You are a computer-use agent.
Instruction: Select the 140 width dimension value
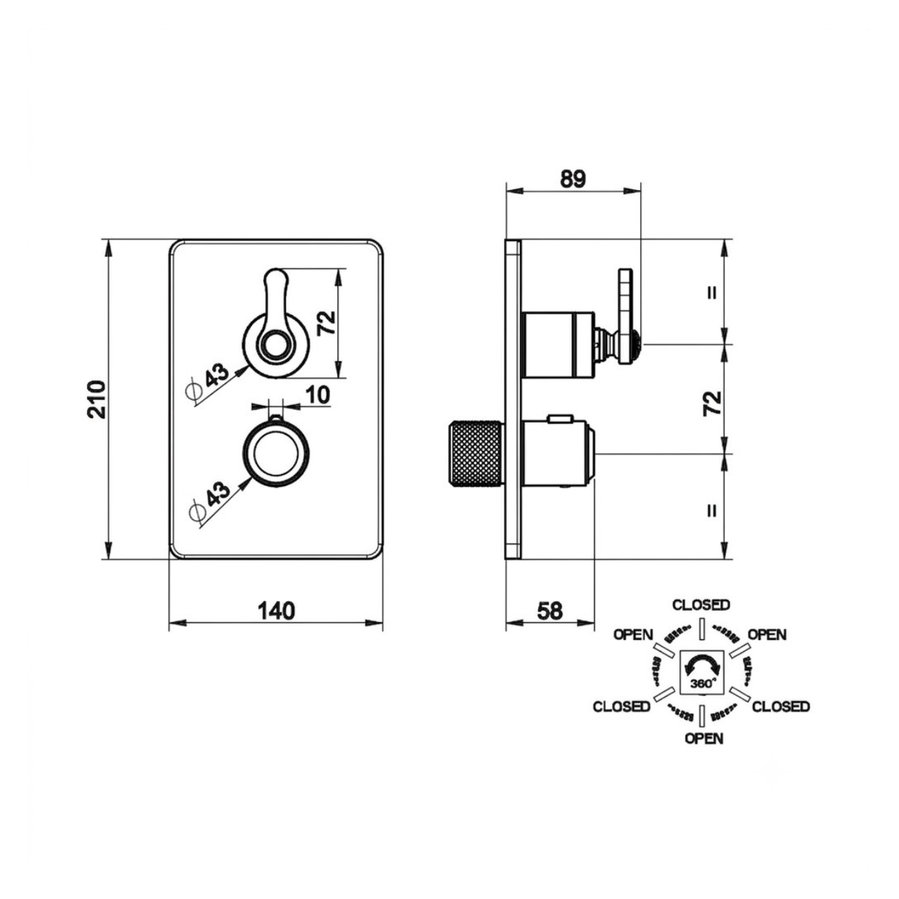pyautogui.click(x=276, y=611)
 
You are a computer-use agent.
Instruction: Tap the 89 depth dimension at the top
pyautogui.click(x=572, y=180)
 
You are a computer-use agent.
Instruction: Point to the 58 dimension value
pyautogui.click(x=550, y=611)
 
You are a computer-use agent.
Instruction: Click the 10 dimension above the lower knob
pyautogui.click(x=319, y=395)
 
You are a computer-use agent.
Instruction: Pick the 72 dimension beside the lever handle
pyautogui.click(x=327, y=322)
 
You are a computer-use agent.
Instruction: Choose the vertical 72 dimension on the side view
pyautogui.click(x=712, y=404)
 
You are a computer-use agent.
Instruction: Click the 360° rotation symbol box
pyautogui.click(x=702, y=685)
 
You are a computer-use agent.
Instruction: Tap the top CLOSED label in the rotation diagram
pyautogui.click(x=701, y=605)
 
